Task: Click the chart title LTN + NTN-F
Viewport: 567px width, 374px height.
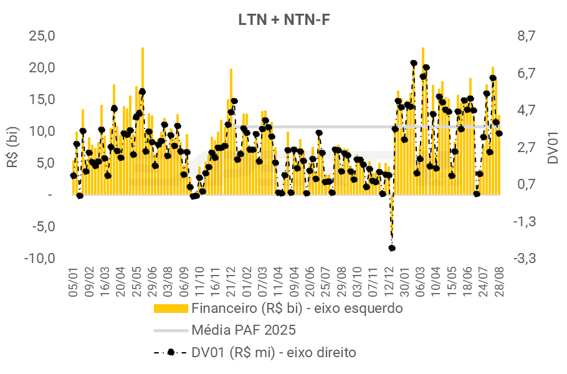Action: coord(284,19)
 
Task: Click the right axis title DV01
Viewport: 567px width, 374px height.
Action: coord(552,147)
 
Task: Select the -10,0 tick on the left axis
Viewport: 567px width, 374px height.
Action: coord(40,258)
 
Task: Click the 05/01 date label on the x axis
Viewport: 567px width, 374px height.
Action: coord(74,282)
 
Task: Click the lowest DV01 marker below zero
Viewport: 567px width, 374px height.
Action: coord(392,248)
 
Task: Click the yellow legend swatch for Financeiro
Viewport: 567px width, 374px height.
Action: coord(170,308)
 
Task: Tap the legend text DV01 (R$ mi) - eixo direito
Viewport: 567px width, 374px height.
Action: coord(274,352)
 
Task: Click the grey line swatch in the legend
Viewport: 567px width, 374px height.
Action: coord(170,330)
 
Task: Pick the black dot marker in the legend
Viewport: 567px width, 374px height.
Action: coord(170,352)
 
